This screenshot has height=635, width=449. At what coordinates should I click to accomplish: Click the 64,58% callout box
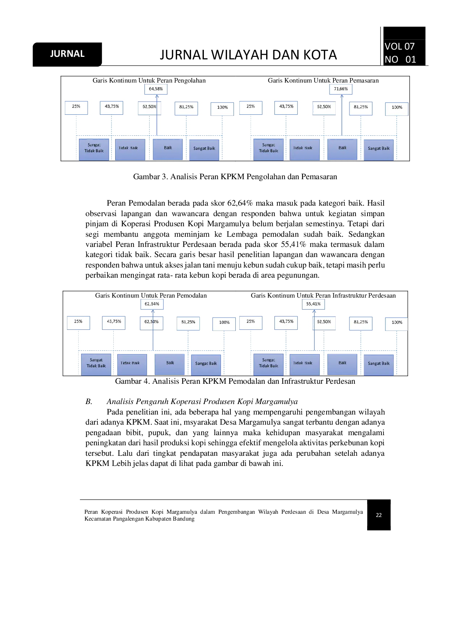(156, 89)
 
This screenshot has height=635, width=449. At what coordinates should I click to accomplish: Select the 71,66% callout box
(341, 89)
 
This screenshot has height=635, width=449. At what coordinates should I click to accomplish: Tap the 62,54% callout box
(152, 304)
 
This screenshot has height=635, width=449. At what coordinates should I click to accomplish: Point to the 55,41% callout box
(314, 304)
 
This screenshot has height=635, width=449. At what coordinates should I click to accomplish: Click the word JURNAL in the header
(67, 54)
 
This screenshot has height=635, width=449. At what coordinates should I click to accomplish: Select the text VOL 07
(399, 46)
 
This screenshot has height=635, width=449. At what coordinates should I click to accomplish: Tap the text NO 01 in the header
(400, 59)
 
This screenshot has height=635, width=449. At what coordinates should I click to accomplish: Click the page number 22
(379, 515)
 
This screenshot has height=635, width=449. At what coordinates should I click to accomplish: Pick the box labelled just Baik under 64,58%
(168, 148)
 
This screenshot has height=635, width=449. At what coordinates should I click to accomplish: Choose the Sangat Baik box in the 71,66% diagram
(379, 149)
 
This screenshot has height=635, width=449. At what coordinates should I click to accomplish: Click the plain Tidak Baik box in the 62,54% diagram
(130, 363)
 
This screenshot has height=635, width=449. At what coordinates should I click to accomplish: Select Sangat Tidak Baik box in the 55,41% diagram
(269, 363)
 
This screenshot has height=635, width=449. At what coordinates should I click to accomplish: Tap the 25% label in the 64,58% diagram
(76, 107)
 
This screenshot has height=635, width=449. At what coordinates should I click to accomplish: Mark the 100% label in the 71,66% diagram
(397, 108)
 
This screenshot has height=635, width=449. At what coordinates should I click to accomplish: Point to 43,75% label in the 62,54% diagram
(114, 322)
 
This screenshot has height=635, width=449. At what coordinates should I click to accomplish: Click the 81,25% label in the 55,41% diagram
(361, 322)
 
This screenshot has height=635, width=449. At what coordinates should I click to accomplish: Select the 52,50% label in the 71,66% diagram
(324, 108)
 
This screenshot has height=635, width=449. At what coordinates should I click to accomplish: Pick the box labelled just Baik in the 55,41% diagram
(343, 363)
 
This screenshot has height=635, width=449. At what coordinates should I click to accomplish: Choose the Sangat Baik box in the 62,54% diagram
(206, 364)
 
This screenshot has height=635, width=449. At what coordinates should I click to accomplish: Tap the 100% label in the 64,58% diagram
(222, 108)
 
